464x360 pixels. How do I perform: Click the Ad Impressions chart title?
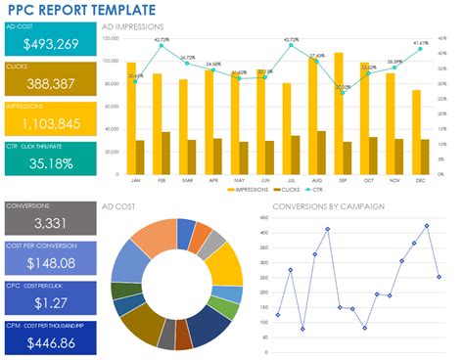pos(133,27)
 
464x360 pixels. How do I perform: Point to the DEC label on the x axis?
pos(421,180)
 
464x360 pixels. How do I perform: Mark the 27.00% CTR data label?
pos(343,87)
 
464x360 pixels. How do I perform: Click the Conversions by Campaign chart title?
pos(327,206)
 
